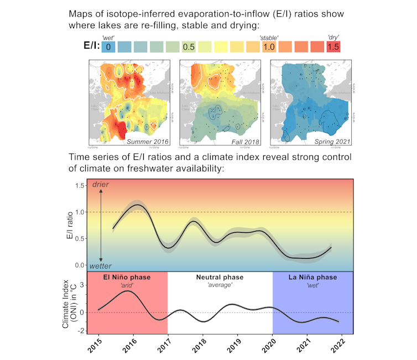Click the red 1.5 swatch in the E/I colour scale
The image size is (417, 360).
coord(333,47)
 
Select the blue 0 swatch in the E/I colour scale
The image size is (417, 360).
coord(108,47)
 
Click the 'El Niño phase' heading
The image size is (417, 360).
coord(128,277)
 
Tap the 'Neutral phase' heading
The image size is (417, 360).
coord(220,277)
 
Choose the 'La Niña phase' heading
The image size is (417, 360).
coord(312,277)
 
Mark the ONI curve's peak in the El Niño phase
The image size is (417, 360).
coord(128,291)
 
